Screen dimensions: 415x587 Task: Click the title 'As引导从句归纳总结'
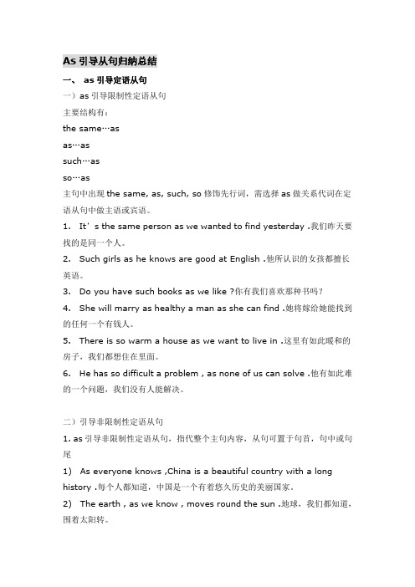point(110,60)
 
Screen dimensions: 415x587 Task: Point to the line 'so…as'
point(76,177)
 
